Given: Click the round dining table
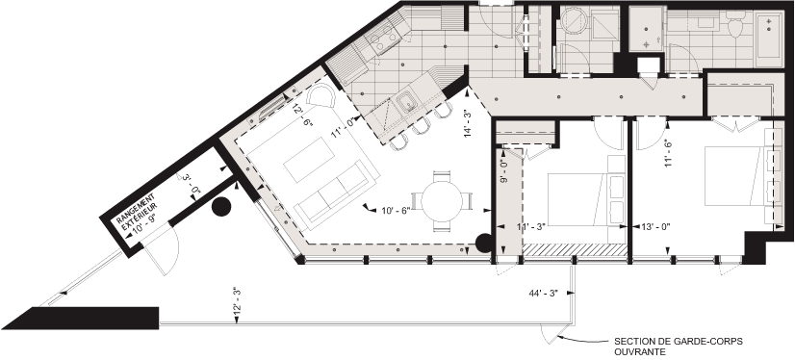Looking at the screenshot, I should point(442,202).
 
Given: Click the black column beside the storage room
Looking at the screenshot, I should point(222,206).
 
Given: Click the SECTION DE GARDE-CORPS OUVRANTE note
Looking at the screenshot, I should point(679,345).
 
